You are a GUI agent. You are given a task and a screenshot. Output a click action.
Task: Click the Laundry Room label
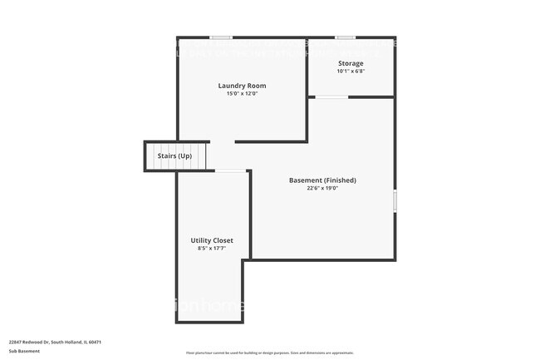click(242, 86)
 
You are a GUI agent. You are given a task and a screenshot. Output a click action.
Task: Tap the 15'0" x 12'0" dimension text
click(242, 94)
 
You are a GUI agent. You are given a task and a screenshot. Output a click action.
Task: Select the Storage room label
click(351, 63)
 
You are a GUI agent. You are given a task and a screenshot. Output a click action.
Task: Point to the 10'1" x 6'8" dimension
click(351, 72)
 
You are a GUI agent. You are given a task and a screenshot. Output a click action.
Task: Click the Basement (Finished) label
click(322, 180)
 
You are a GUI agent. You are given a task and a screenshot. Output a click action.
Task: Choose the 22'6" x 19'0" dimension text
click(322, 189)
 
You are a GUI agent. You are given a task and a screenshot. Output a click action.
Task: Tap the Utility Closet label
click(212, 240)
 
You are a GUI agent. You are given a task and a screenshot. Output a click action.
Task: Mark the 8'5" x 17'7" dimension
click(212, 249)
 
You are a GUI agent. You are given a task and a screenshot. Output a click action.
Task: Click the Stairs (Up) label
click(174, 156)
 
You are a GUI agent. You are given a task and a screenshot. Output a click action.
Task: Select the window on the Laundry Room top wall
click(220, 37)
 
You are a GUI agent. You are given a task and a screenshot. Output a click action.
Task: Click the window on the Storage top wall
click(346, 37)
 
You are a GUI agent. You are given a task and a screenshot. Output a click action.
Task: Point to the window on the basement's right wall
click(394, 200)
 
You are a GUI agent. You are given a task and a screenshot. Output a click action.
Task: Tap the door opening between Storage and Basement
click(331, 97)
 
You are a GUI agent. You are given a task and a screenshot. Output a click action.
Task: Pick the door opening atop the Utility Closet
click(230, 171)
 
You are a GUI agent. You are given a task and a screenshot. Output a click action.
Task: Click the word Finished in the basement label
click(340, 180)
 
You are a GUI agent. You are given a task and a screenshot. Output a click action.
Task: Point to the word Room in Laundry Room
click(258, 86)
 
